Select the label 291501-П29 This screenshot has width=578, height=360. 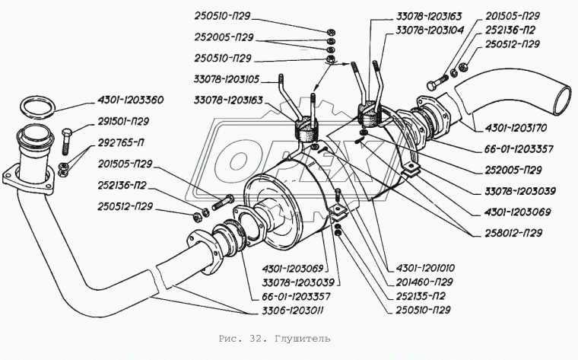122,119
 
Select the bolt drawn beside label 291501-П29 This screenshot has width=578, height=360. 66,139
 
